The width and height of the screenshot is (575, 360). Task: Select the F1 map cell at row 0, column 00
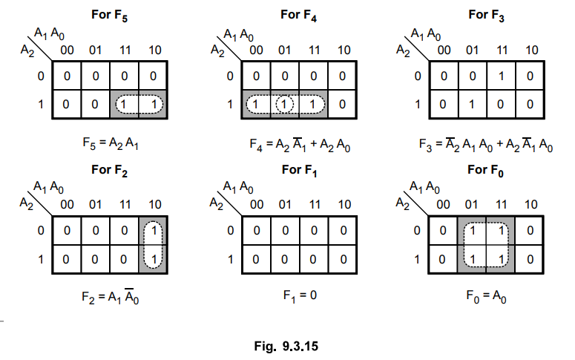click(257, 232)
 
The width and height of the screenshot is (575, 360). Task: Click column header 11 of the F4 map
click(315, 50)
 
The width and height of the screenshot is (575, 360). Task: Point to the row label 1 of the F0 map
click(418, 260)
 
